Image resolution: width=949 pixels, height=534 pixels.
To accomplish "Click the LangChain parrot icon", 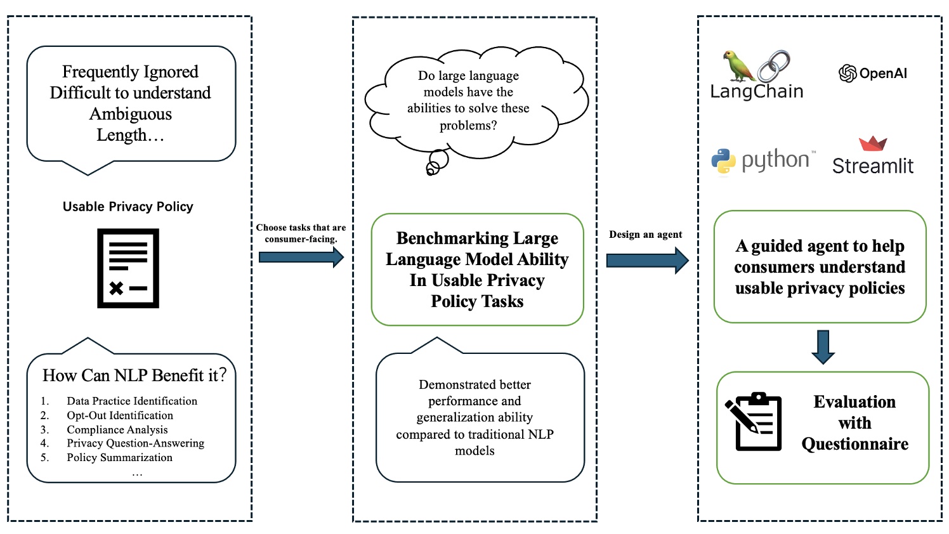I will click(x=738, y=66).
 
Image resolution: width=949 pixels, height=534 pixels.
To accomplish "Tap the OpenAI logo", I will click(x=848, y=74).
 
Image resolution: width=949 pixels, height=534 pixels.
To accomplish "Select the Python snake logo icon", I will click(x=723, y=162).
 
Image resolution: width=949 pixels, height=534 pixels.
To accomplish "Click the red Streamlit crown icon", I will click(x=873, y=143).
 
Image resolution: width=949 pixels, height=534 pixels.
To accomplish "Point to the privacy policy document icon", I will click(x=128, y=268).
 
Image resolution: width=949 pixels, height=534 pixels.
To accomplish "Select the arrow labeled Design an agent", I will click(x=647, y=260).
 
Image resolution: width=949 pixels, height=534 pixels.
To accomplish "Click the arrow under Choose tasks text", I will click(x=301, y=257).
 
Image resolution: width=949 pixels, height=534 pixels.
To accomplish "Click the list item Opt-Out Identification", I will click(x=120, y=415).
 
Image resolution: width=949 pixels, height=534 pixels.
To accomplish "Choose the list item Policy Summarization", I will click(x=119, y=457).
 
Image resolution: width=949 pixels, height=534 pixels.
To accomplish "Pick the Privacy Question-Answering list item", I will click(x=135, y=443).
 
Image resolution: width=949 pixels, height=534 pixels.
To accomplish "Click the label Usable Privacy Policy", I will click(x=128, y=207).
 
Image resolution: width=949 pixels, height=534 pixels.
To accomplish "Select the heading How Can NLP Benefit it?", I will click(x=134, y=375).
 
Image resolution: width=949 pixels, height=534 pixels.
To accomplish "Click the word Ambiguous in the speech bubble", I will click(x=131, y=114).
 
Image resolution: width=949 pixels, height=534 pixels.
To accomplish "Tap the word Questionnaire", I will click(x=854, y=444).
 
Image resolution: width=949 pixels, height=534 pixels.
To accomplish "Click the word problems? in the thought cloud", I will click(x=468, y=126).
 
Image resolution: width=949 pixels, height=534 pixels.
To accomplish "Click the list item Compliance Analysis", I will click(x=117, y=429).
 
